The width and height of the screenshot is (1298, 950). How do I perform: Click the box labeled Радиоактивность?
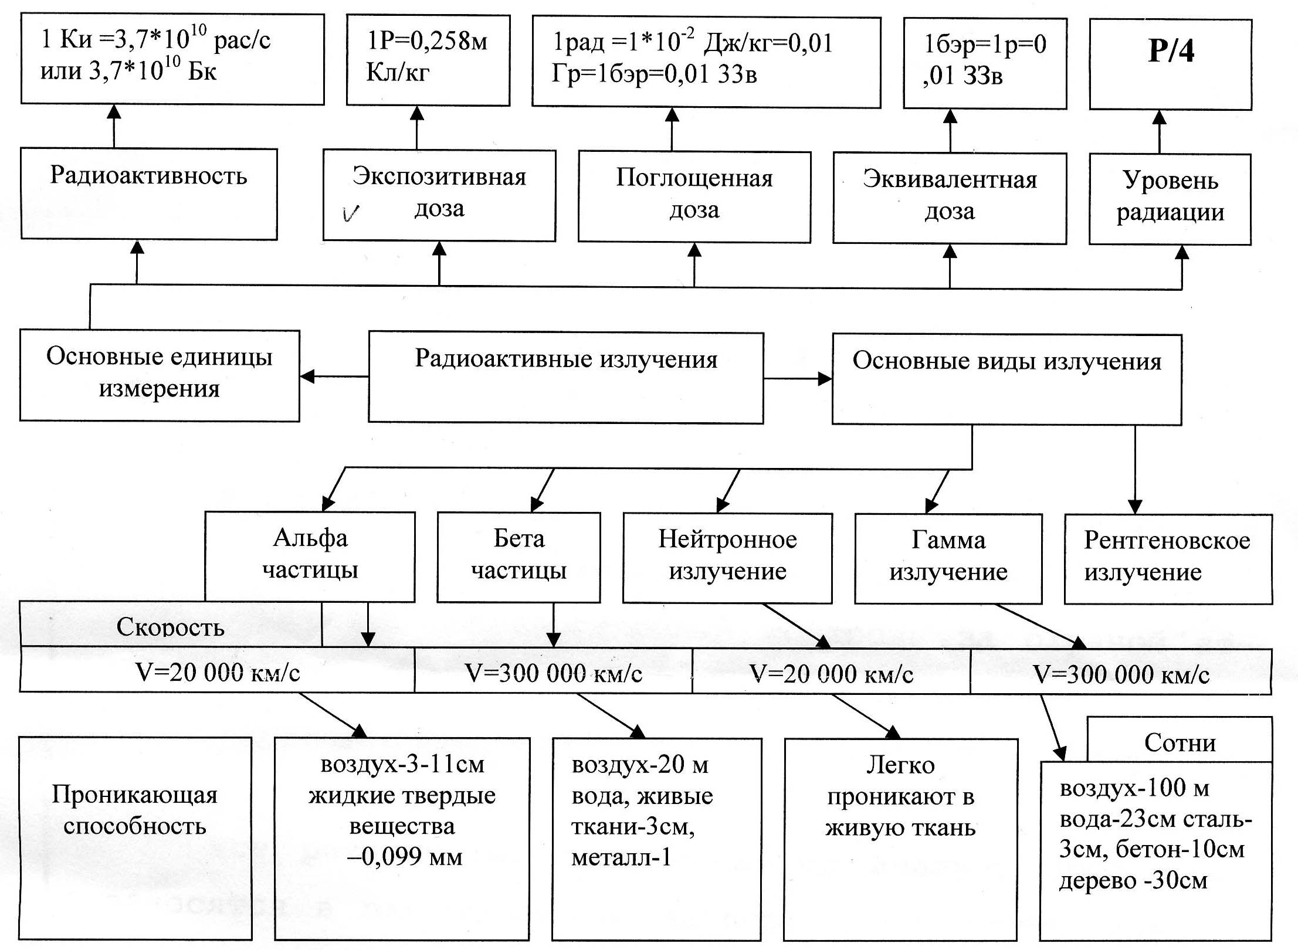tap(148, 194)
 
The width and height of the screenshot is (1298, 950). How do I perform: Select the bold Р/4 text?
tap(1171, 52)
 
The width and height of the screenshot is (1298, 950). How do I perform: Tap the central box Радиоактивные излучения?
tap(566, 378)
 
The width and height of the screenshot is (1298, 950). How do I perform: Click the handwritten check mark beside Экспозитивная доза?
tap(351, 213)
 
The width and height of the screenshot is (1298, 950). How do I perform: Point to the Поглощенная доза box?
tap(694, 196)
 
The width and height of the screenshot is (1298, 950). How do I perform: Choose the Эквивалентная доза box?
tap(950, 198)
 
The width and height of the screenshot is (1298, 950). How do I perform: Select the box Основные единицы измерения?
tap(160, 375)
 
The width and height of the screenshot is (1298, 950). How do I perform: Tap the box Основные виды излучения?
tap(1006, 379)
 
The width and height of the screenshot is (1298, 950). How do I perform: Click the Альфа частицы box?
tap(310, 556)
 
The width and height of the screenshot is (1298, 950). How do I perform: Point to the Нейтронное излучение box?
tap(727, 558)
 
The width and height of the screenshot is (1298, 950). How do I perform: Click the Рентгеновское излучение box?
tap(1167, 558)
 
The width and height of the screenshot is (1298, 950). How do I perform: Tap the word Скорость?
tap(170, 627)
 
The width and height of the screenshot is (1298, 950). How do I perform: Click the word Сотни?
tap(1180, 743)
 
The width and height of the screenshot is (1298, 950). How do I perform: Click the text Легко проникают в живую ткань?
tap(900, 796)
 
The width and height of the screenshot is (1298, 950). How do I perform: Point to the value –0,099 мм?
tap(405, 857)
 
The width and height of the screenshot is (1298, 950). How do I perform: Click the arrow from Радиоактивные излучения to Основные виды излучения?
tap(798, 379)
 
